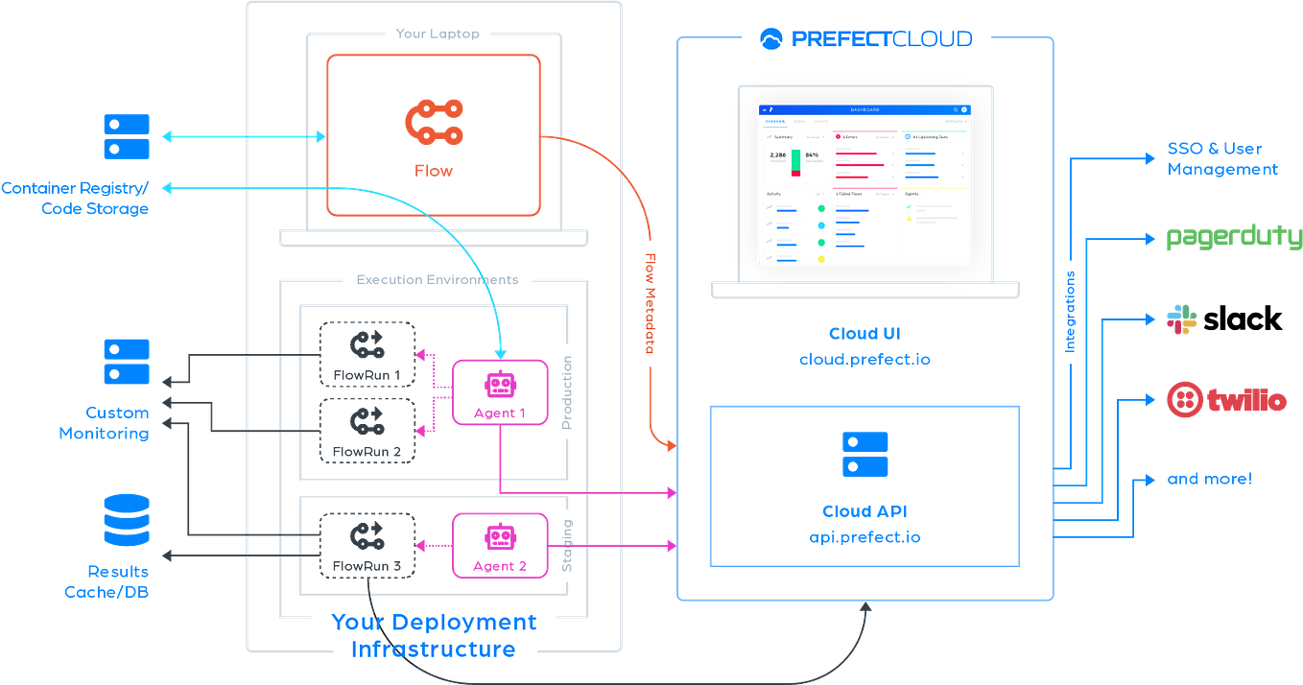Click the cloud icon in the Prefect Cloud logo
pyautogui.click(x=770, y=39)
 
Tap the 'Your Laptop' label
pyautogui.click(x=438, y=35)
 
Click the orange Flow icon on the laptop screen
pyautogui.click(x=434, y=123)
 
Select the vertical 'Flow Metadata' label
pyautogui.click(x=650, y=303)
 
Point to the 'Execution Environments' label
pyautogui.click(x=438, y=280)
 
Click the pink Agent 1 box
pyautogui.click(x=499, y=392)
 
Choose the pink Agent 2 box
pyautogui.click(x=499, y=545)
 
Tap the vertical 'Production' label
pyautogui.click(x=567, y=392)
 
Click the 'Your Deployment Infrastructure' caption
pyautogui.click(x=434, y=636)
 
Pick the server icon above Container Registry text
pyautogui.click(x=127, y=136)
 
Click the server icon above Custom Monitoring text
pyautogui.click(x=127, y=362)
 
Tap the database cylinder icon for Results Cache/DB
pyautogui.click(x=127, y=519)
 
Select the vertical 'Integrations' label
pyautogui.click(x=1070, y=312)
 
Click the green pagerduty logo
pyautogui.click(x=1232, y=237)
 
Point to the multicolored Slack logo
pyautogui.click(x=1181, y=319)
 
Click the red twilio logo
pyautogui.click(x=1225, y=400)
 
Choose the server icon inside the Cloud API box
pyautogui.click(x=865, y=454)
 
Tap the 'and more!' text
pyautogui.click(x=1208, y=479)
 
